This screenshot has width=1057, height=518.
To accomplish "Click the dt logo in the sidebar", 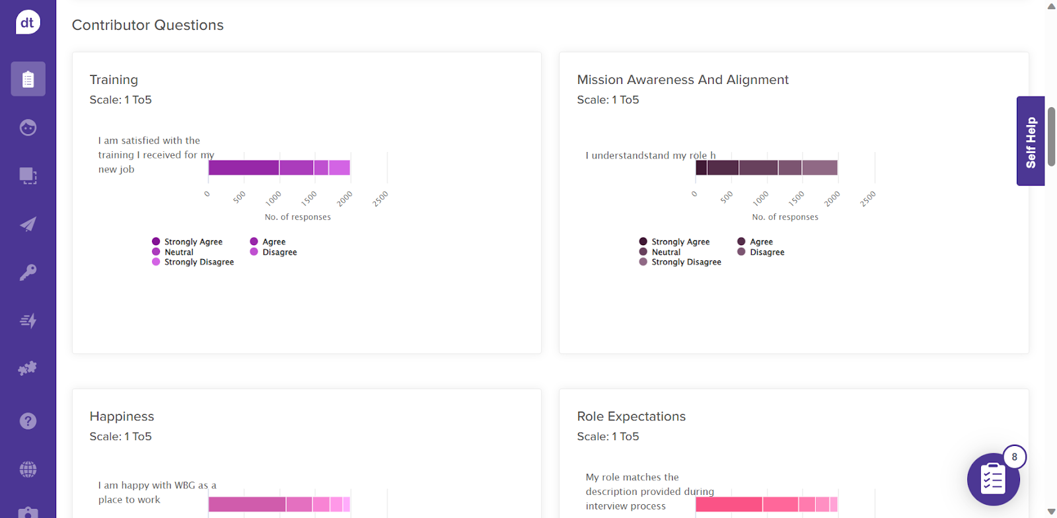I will tap(28, 22).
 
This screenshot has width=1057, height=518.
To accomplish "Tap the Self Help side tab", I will tap(1031, 141).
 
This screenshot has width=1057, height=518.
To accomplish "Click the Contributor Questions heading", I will tap(147, 25).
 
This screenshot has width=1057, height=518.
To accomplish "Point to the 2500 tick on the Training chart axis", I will tap(380, 199).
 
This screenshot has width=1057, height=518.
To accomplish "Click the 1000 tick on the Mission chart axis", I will tap(760, 198).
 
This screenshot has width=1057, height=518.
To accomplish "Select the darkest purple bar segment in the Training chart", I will tap(243, 168).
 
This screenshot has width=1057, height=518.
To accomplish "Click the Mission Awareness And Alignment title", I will tap(682, 80).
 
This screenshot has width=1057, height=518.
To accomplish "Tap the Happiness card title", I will tap(122, 417).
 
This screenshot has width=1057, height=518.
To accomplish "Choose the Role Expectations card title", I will tap(631, 417).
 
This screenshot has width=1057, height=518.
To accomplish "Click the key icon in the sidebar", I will tap(28, 272).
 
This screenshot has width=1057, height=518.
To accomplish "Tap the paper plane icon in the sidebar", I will tap(28, 224).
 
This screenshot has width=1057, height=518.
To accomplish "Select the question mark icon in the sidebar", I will tap(28, 421).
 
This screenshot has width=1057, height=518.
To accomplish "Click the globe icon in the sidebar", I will tap(28, 470).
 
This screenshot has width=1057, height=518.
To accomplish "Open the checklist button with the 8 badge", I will tap(993, 479).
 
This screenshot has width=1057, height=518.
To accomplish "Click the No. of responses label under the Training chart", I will tap(297, 217).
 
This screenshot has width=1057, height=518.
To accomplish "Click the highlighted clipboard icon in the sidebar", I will tap(28, 79).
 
